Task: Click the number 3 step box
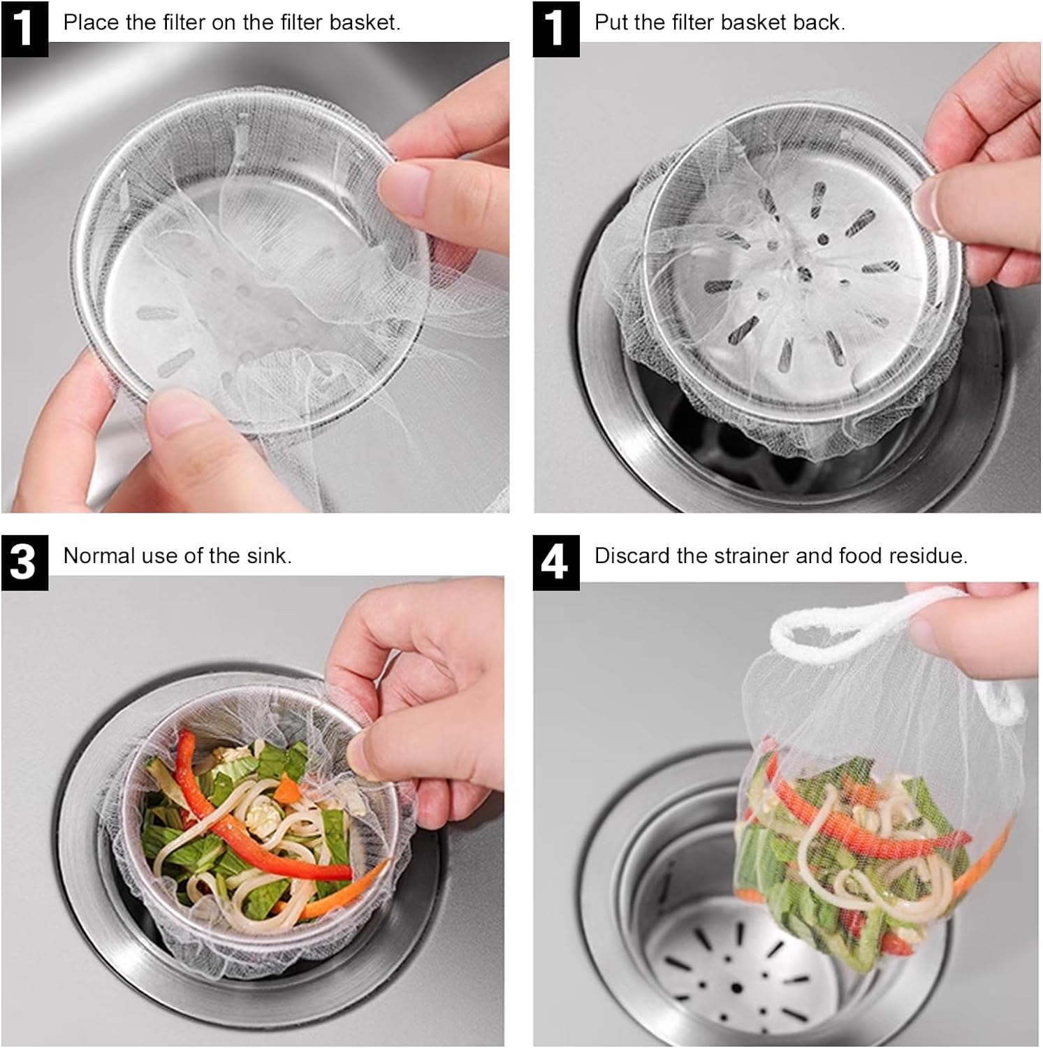24,562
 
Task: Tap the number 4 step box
556,562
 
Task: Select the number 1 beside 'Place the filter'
24,29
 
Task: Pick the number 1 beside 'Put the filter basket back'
556,29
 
